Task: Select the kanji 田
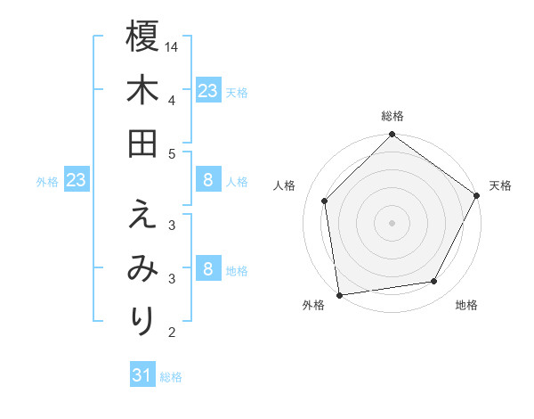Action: (x=142, y=144)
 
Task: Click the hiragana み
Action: (x=142, y=268)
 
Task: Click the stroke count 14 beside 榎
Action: (x=173, y=46)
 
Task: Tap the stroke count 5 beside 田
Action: (x=172, y=153)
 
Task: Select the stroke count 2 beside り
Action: (x=172, y=333)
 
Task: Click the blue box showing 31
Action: (x=142, y=375)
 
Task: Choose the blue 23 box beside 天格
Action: (x=207, y=90)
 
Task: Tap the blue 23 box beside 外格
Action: (x=77, y=181)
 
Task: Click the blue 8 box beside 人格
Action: (x=207, y=181)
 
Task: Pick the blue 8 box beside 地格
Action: (x=207, y=268)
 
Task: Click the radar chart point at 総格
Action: (x=392, y=136)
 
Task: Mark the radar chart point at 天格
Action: (x=477, y=196)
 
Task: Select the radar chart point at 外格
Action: (x=339, y=294)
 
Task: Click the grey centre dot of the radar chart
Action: (x=392, y=222)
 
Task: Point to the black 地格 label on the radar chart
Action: (x=466, y=305)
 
